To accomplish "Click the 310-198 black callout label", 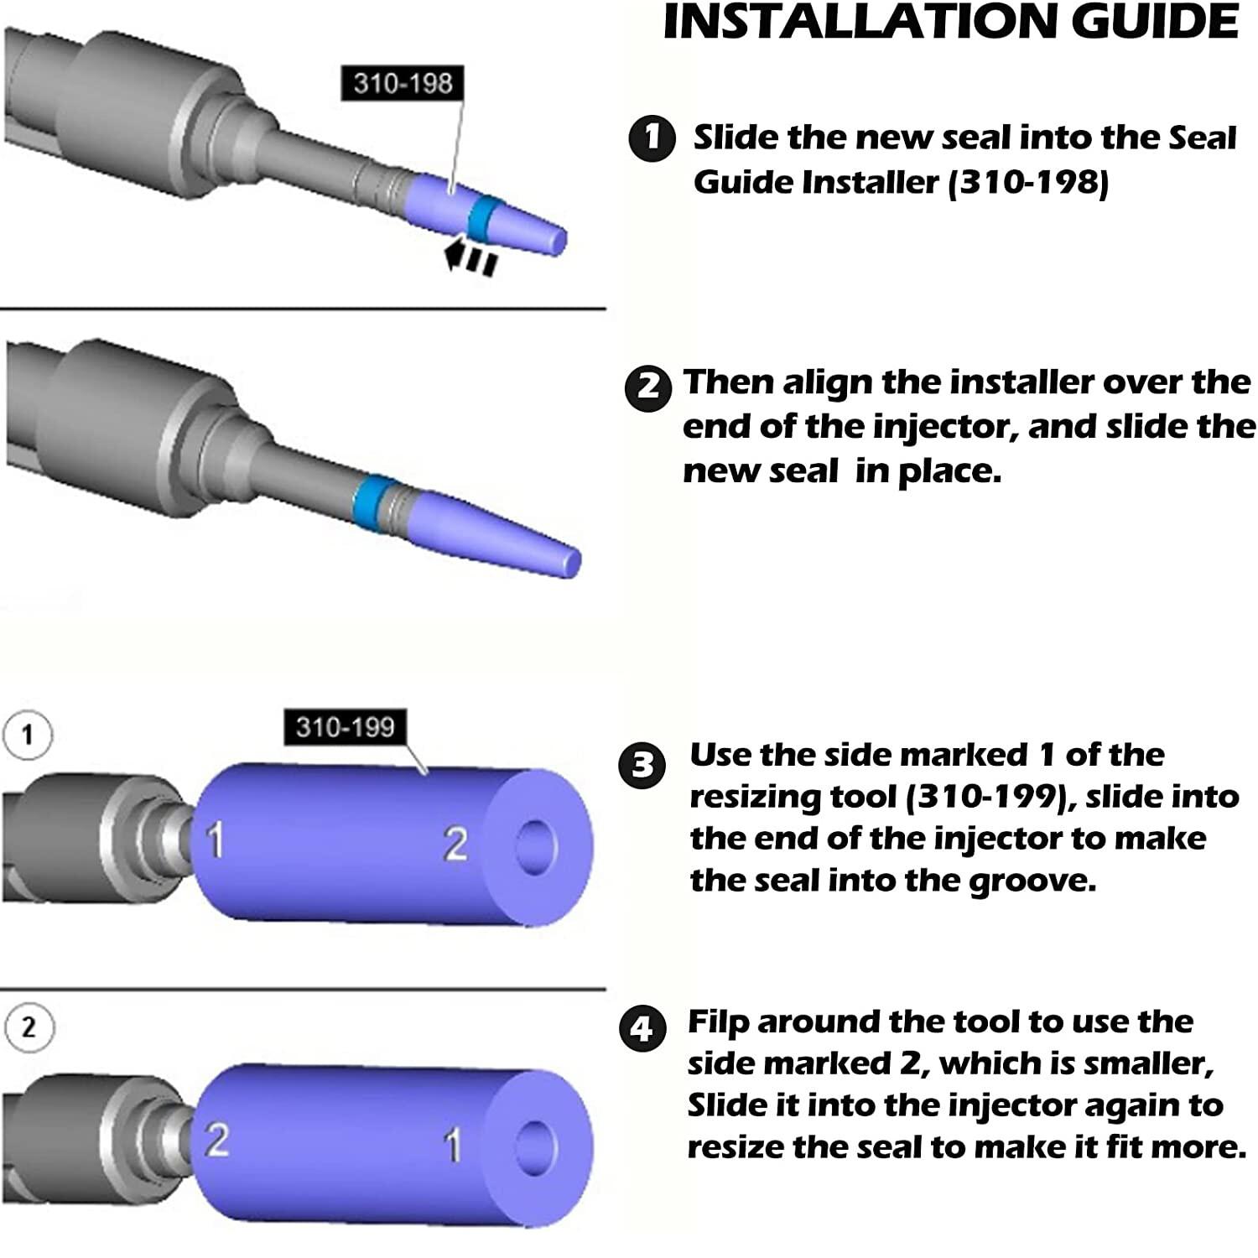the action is (403, 83).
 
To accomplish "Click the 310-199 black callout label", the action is (345, 726).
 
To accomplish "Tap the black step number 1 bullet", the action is (652, 137).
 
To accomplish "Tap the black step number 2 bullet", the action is (648, 387).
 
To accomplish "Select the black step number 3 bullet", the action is (642, 765).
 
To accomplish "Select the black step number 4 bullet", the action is (642, 1028).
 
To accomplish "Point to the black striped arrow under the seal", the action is (471, 257).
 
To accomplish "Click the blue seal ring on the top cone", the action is (484, 216).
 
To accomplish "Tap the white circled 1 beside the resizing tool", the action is (28, 736).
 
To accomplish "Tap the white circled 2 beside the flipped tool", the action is (29, 1027).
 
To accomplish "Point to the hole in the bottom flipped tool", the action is (536, 1146).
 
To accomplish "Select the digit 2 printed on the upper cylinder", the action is (455, 845).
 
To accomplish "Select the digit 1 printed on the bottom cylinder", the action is (453, 1146).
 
